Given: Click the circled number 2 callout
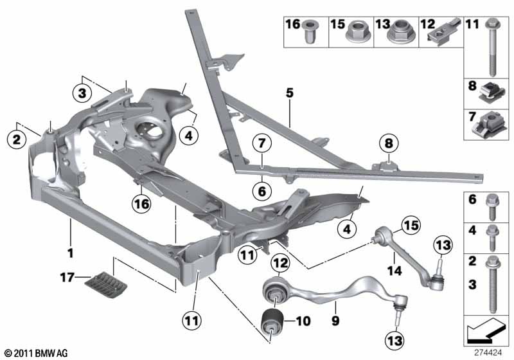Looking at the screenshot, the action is (x=17, y=139).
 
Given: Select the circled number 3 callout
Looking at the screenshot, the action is (x=82, y=93).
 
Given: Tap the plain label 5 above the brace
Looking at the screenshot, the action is (x=290, y=93).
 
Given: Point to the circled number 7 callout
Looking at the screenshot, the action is (x=262, y=143).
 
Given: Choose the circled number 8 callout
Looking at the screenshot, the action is (x=389, y=143).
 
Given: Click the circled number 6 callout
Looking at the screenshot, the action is (x=262, y=191).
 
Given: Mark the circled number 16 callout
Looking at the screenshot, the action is (x=141, y=204).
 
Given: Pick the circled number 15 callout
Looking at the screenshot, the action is (x=411, y=225).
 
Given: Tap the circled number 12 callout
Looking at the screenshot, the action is (x=281, y=262).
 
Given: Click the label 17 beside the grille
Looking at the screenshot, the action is (x=67, y=278).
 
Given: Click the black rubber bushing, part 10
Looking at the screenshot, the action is (x=272, y=321).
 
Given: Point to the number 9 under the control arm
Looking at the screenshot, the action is (x=335, y=320).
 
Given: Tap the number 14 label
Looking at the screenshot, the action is (x=394, y=271).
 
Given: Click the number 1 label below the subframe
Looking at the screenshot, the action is (x=70, y=253).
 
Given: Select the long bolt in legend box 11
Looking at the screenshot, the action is (x=492, y=47).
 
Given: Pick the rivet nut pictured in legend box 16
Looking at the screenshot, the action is (x=308, y=32).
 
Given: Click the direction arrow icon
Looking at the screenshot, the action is (x=486, y=329).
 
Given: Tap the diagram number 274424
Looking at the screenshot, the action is (x=488, y=353).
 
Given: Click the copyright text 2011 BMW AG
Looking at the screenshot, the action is (x=37, y=353).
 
